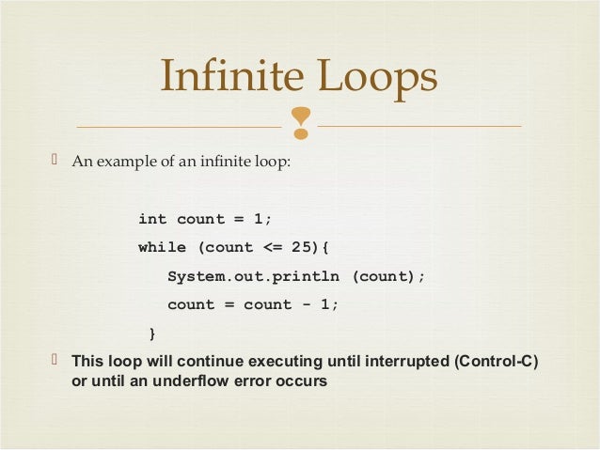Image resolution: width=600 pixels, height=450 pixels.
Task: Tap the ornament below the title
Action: [301, 122]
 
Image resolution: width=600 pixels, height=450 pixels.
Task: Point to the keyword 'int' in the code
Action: [152, 219]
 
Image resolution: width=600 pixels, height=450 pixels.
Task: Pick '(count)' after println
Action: [388, 276]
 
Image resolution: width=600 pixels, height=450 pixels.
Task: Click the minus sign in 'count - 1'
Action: [307, 304]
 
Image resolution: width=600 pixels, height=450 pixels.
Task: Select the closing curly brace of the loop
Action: [153, 334]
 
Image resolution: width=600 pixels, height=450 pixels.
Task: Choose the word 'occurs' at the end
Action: [302, 382]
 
